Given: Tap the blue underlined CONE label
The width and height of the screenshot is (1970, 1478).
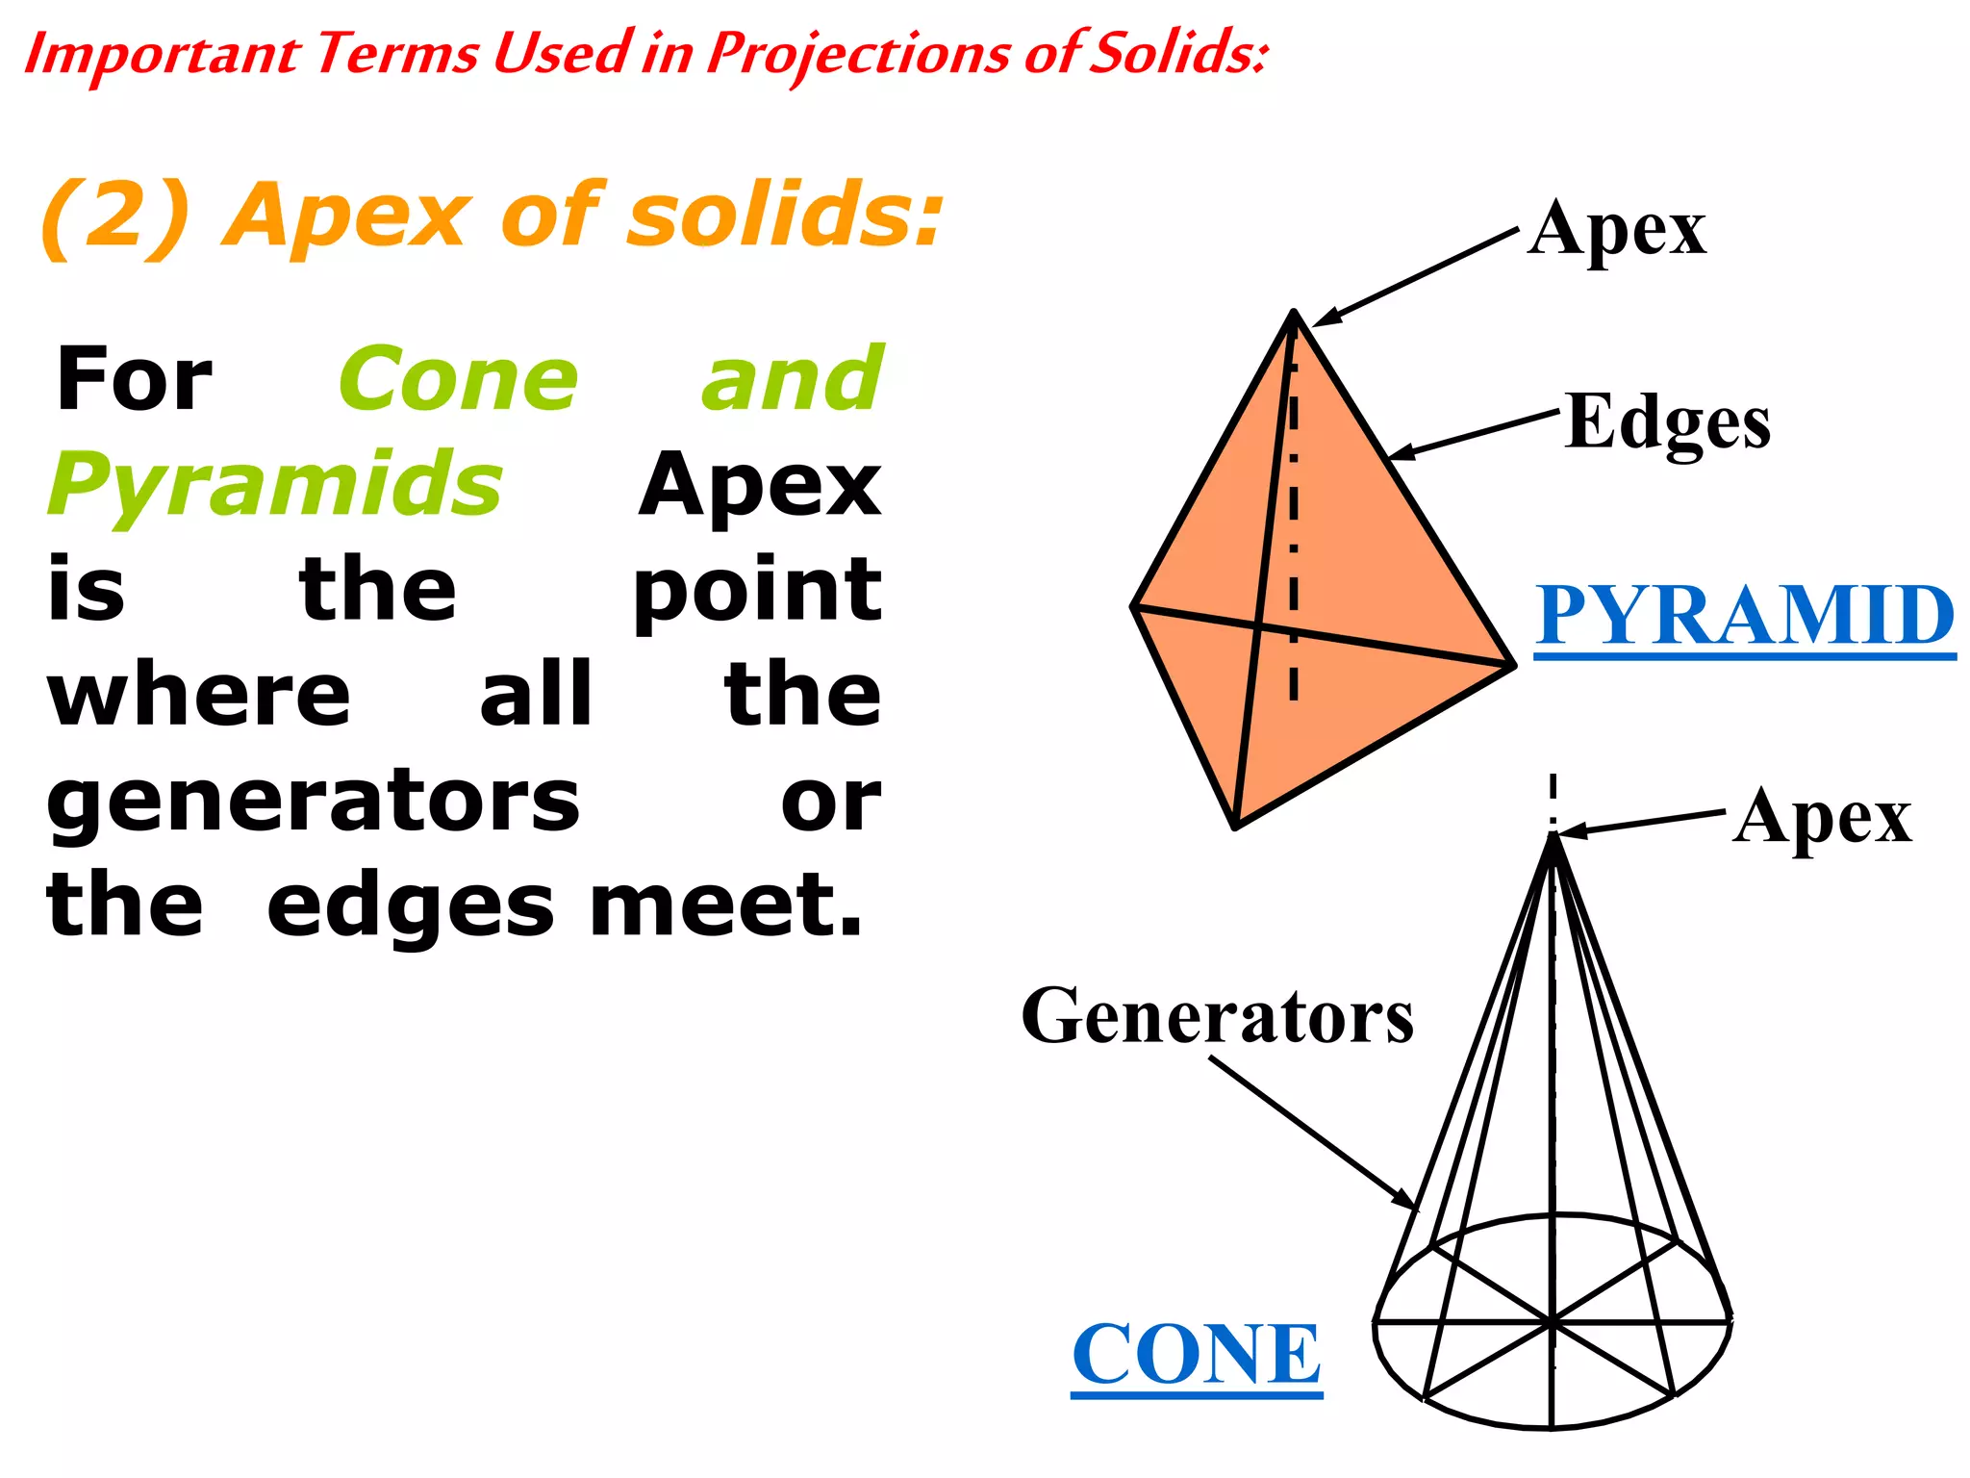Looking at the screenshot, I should tap(1197, 1354).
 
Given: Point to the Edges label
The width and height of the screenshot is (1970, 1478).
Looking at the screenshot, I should tap(1667, 423).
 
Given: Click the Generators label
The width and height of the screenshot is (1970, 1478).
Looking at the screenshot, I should tap(1217, 1017).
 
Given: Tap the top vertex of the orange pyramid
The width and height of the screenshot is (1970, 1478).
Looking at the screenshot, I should tap(1295, 313).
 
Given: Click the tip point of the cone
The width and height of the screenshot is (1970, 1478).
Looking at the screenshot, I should tap(1553, 835).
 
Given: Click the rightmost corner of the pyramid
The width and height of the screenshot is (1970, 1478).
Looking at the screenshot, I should tap(1512, 664).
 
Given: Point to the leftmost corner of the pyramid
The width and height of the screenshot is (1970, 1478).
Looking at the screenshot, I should tap(1134, 607).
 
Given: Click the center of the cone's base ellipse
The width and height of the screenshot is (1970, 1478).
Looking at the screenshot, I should tap(1553, 1323).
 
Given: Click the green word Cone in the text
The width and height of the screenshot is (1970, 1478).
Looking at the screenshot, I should tap(459, 380).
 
